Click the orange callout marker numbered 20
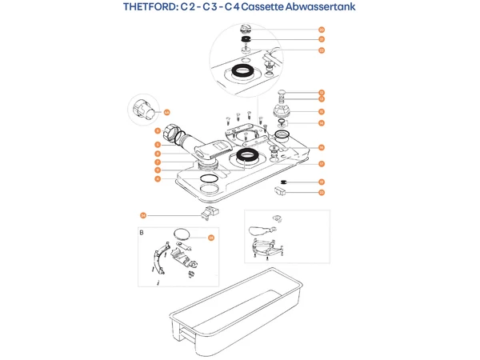(x=321, y=30)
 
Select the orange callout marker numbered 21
(x=321, y=38)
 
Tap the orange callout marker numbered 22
(x=321, y=50)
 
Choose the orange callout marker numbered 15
(x=321, y=111)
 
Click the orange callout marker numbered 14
(x=321, y=122)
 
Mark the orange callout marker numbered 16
(x=321, y=147)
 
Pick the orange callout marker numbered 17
(x=321, y=164)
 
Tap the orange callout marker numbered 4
(x=158, y=179)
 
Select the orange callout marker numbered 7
(x=158, y=162)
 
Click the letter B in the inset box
(x=142, y=233)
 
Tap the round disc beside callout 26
(x=183, y=234)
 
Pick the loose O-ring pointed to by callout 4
(x=208, y=178)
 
